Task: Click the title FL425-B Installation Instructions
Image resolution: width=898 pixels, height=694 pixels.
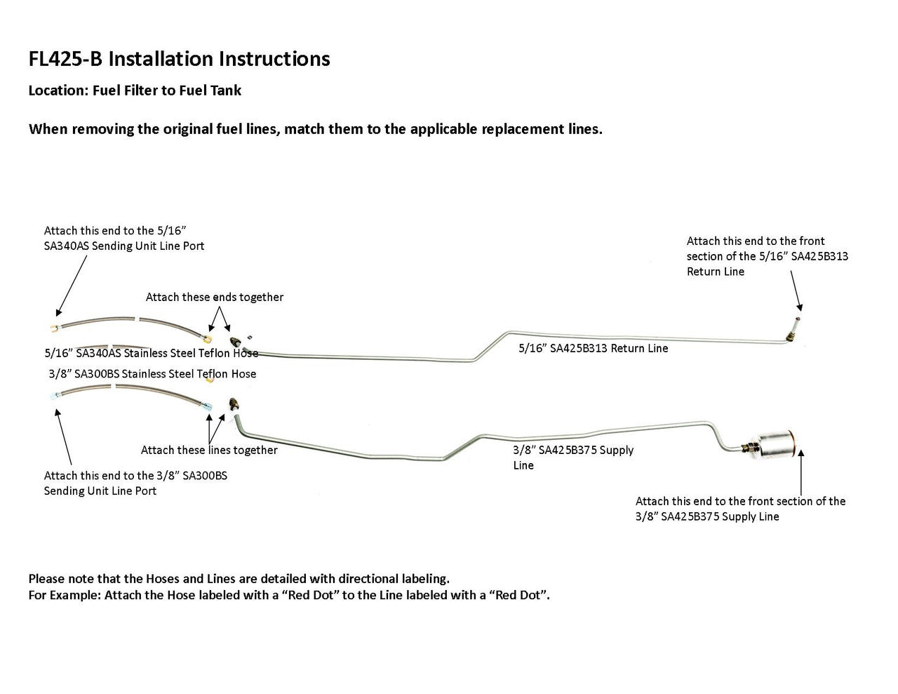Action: pos(179,58)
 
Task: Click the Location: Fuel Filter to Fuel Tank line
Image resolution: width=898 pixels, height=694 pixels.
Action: pos(135,91)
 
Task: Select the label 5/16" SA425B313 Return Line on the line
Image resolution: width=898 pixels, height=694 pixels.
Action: pos(593,348)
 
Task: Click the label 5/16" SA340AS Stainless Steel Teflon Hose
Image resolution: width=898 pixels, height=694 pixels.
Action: pos(151,353)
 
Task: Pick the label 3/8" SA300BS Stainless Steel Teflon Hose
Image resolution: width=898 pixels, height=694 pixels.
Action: pos(152,374)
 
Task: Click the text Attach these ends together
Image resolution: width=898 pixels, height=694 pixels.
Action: pos(215,297)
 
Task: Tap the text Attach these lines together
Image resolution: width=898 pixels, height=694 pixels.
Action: pos(209,450)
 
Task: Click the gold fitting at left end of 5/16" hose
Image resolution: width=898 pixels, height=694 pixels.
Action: pos(54,327)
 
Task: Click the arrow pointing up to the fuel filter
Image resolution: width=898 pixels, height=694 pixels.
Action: pos(800,470)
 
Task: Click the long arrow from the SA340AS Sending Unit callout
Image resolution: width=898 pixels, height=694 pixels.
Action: pos(72,286)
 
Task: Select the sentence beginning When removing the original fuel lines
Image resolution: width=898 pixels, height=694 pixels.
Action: pos(315,129)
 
